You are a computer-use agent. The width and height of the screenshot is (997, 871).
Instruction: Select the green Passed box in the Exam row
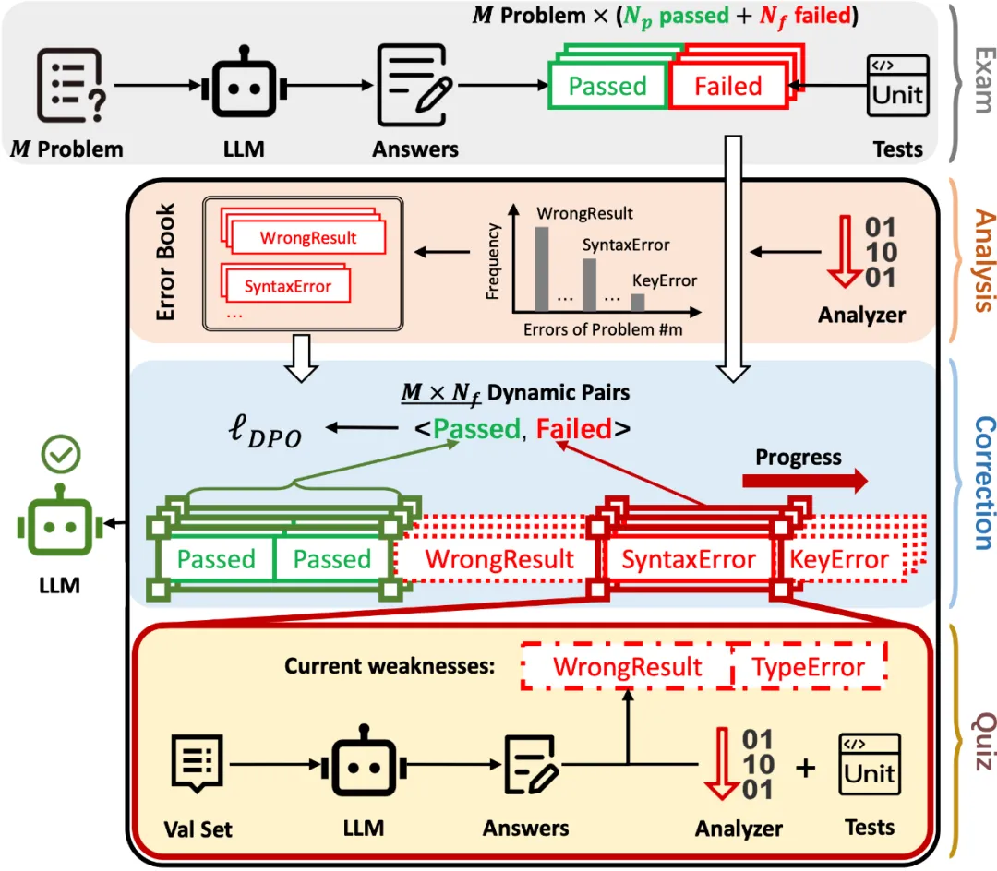607,87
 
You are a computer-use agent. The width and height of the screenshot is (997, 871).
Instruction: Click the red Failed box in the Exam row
728,87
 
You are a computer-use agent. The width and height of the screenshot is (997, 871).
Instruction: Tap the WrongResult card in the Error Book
307,237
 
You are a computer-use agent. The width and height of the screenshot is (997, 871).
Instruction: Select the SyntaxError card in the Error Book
287,286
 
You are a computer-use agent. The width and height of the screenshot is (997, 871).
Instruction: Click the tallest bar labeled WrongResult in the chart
542,268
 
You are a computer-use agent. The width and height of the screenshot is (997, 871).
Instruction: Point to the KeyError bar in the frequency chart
638,302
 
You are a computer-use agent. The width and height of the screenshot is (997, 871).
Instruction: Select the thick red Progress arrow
804,481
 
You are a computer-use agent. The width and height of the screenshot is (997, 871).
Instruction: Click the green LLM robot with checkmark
64,524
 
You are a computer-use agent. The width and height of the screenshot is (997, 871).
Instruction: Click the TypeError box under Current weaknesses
808,667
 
